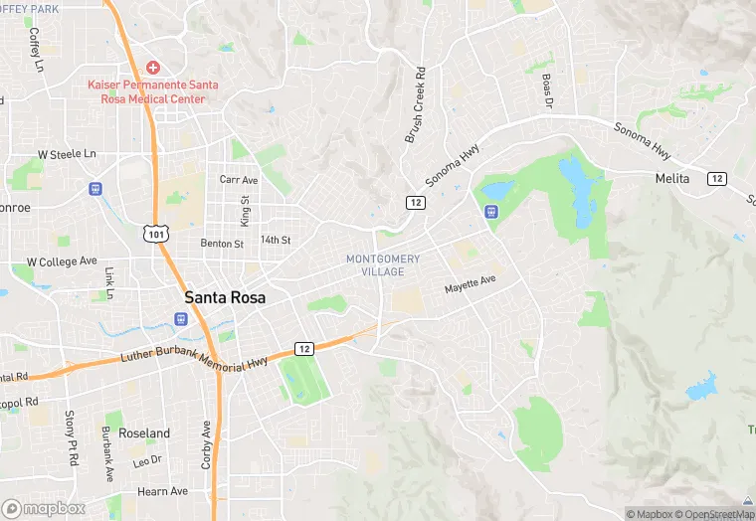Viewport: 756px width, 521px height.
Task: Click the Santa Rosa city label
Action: click(x=226, y=297)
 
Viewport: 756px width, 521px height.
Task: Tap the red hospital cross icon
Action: click(x=152, y=68)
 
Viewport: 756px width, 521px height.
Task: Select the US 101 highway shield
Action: click(x=155, y=234)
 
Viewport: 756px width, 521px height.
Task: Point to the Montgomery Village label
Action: click(x=383, y=265)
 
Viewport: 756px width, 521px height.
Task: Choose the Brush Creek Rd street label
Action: click(x=415, y=104)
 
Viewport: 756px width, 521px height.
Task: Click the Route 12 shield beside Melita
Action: click(x=716, y=178)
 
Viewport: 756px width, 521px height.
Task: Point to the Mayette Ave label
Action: click(x=470, y=284)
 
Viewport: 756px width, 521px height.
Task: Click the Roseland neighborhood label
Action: click(x=144, y=434)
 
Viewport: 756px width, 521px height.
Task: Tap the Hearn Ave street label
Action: click(x=162, y=491)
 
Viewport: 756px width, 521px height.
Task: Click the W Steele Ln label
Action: click(x=67, y=155)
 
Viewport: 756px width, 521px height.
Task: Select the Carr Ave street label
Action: click(x=238, y=180)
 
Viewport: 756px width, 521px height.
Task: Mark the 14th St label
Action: click(x=275, y=241)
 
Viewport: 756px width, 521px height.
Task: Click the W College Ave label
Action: click(x=62, y=261)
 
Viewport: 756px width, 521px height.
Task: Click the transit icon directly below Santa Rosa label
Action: click(x=180, y=319)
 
